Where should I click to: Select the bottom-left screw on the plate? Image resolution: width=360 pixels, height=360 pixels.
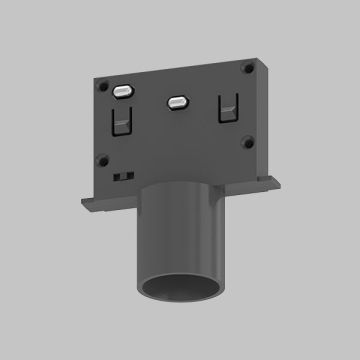(x=103, y=158)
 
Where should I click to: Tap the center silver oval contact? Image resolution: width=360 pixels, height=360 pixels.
(x=178, y=101)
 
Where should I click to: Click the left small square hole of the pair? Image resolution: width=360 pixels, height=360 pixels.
(x=120, y=175)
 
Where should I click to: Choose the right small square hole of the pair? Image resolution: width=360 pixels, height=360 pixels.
(x=129, y=174)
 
